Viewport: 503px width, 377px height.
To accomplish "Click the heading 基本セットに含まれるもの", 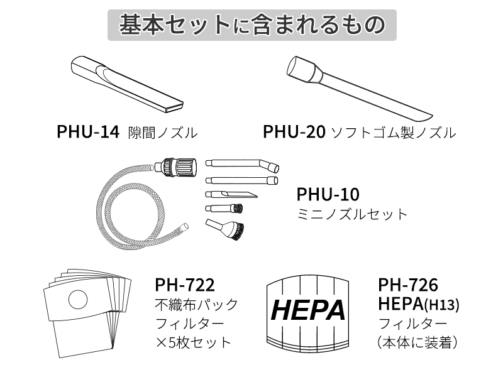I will pos(251,25).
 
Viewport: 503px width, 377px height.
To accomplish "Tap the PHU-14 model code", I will pos(87,133).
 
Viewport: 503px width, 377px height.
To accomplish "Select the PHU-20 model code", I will pos(294,133).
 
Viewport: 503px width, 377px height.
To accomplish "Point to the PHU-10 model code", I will pos(328,194).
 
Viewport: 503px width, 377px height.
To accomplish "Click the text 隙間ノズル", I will pos(163,133).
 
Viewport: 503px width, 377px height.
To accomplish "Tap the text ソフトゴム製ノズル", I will pos(393,133).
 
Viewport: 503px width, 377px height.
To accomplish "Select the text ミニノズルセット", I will pos(352,214).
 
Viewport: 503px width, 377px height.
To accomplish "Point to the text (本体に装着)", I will pos(417,343).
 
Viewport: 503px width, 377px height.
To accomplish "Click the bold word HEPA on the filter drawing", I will pos(308,310).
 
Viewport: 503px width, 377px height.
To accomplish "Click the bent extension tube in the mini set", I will pos(243,165).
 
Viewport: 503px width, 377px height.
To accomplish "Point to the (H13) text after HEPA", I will pos(443,306).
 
